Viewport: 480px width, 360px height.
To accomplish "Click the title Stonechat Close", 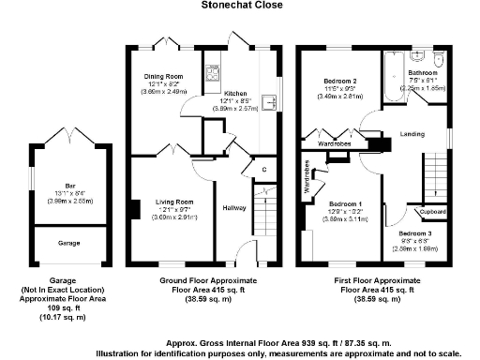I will pyautogui.click(x=239, y=5).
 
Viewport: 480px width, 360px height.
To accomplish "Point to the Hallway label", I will pyautogui.click(x=232, y=207).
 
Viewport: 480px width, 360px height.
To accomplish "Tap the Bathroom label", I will pyautogui.click(x=423, y=72).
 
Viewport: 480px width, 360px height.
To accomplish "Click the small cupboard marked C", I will pyautogui.click(x=264, y=169).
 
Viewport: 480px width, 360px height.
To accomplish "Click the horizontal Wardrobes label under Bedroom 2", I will pyautogui.click(x=335, y=145).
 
